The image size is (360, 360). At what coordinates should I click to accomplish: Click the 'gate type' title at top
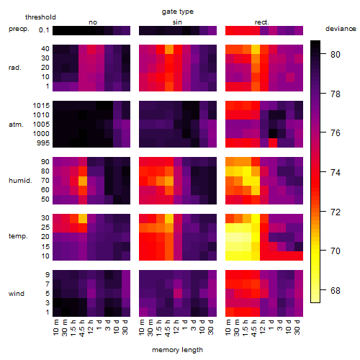(x=178, y=12)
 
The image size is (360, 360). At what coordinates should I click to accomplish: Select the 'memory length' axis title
(x=177, y=350)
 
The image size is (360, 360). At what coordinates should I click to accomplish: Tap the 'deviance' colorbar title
(x=341, y=29)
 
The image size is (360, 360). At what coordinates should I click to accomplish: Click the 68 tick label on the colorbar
(x=336, y=291)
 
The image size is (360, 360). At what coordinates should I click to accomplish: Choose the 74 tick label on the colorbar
(x=336, y=173)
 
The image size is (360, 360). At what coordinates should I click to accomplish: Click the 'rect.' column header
(x=262, y=22)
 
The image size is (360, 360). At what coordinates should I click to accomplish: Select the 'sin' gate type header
(x=177, y=22)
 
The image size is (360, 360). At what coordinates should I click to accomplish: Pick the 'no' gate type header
(x=93, y=22)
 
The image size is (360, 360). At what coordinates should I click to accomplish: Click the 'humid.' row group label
(x=20, y=181)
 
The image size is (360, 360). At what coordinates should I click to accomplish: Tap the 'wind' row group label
(x=17, y=294)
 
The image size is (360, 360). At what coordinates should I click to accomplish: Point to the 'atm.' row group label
(x=16, y=125)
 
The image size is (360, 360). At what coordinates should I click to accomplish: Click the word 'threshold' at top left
(x=40, y=17)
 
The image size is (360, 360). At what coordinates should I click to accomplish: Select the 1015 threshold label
(x=41, y=106)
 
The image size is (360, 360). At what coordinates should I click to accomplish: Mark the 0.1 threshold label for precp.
(x=44, y=30)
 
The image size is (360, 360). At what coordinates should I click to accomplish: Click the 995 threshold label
(x=43, y=143)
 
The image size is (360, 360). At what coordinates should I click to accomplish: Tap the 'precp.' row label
(x=19, y=29)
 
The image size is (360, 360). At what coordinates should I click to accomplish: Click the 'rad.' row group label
(x=15, y=68)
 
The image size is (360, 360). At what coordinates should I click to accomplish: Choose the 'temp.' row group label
(x=18, y=236)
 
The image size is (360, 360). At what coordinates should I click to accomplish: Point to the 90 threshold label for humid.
(x=45, y=162)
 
